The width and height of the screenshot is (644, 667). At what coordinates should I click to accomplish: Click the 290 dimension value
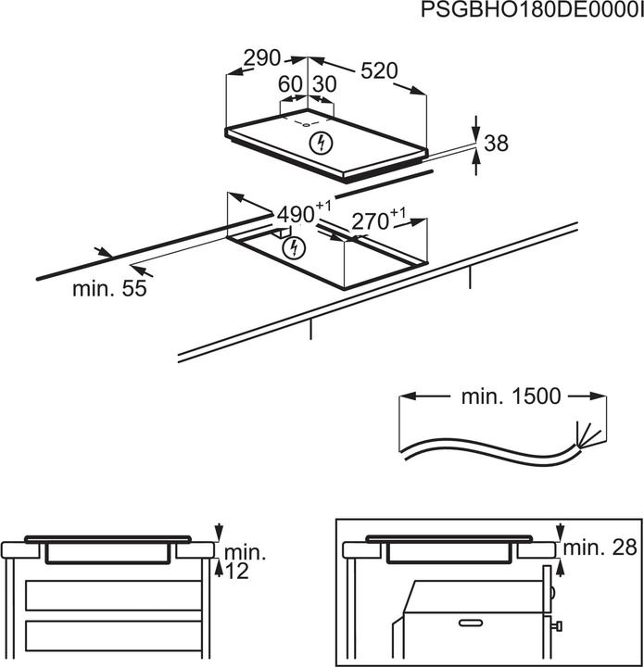pyautogui.click(x=261, y=57)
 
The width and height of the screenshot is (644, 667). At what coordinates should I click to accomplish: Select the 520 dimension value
pyautogui.click(x=377, y=70)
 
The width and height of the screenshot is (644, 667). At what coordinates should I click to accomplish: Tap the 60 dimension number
pyautogui.click(x=291, y=84)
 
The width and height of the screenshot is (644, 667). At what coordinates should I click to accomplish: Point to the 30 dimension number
pyautogui.click(x=323, y=84)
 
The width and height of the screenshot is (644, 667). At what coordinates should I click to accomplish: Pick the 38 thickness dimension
pyautogui.click(x=497, y=144)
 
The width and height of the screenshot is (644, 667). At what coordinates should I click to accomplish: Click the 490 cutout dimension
pyautogui.click(x=297, y=214)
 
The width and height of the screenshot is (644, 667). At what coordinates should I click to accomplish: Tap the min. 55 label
pyautogui.click(x=110, y=288)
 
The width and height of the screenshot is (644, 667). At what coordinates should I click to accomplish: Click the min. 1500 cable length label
pyautogui.click(x=511, y=396)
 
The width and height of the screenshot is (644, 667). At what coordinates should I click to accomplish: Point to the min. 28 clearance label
pyautogui.click(x=603, y=547)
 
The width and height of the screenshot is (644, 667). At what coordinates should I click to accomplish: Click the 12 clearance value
pyautogui.click(x=237, y=573)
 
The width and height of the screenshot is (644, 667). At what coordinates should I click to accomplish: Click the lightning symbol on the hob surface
pyautogui.click(x=321, y=143)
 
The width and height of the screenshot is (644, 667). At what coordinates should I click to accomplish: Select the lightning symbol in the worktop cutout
pyautogui.click(x=293, y=247)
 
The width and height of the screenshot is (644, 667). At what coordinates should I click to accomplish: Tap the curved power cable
pyautogui.click(x=482, y=452)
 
